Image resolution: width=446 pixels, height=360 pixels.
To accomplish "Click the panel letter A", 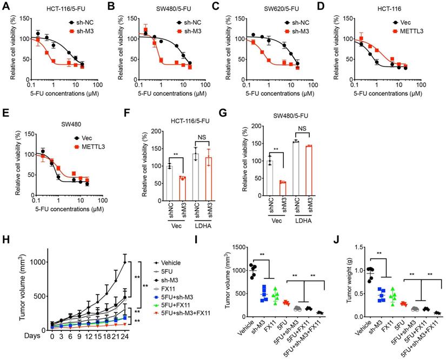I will coord(5,6).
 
